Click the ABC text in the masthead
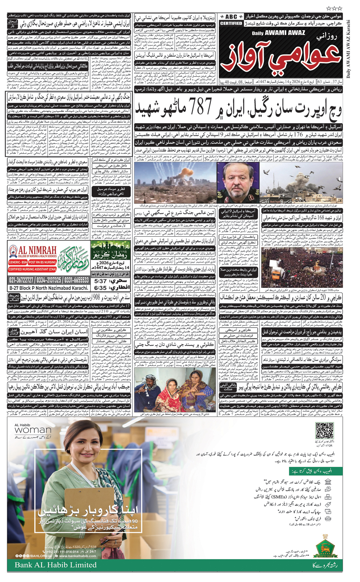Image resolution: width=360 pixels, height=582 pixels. [231, 17]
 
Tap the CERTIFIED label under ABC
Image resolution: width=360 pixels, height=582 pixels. [231, 23]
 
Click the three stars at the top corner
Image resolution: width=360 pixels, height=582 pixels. [334, 8]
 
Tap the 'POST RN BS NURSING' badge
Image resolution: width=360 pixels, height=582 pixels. [42, 262]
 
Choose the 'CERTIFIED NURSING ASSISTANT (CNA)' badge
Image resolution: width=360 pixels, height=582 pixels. [32, 269]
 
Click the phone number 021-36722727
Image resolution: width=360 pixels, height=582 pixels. [21, 280]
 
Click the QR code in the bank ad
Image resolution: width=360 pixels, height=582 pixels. [324, 431]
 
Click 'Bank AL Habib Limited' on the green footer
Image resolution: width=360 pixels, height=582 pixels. [55, 565]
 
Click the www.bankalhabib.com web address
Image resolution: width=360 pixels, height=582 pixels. [77, 556]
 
